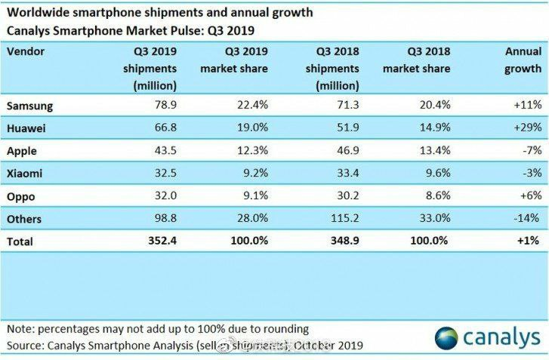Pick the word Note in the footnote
[21, 328]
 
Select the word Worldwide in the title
[39, 13]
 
